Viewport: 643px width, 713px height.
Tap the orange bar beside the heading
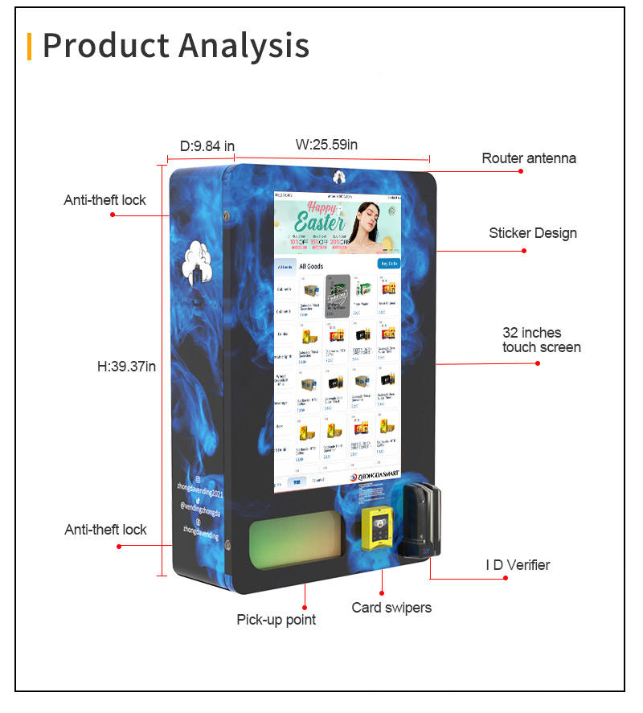30,46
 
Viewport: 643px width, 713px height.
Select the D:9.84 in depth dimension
207,145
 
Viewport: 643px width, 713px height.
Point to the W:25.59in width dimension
326,145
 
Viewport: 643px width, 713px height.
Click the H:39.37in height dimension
126,367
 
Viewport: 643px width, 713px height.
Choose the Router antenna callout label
528,158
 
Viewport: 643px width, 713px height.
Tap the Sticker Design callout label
533,233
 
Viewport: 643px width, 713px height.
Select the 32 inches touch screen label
541,340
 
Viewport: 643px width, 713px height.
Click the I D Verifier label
518,565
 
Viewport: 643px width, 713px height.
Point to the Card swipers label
391,608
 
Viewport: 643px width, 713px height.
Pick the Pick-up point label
276,620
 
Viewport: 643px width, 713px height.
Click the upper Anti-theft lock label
104,199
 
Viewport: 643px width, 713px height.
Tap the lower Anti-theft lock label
105,530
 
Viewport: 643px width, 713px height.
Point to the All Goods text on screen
311,266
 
